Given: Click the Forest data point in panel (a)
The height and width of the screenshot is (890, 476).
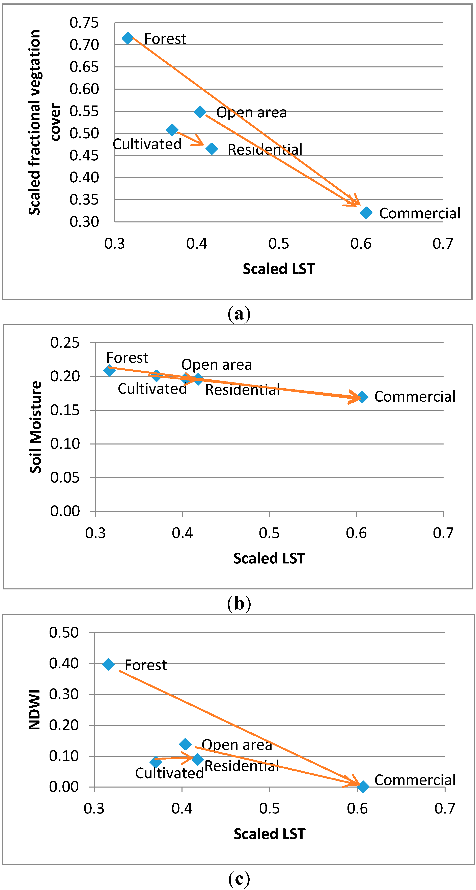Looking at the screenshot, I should [x=128, y=38].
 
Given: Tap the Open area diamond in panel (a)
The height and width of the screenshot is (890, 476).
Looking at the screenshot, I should [x=200, y=112].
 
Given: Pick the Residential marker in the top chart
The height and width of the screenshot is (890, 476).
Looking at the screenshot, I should [x=212, y=149].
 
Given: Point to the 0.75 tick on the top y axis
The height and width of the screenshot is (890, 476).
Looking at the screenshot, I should [x=84, y=23].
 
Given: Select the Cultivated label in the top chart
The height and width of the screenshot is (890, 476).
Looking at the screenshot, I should [x=147, y=144].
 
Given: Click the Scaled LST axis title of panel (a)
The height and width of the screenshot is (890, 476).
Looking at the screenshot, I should [x=279, y=269].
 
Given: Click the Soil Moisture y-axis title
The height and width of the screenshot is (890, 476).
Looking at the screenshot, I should [x=36, y=427].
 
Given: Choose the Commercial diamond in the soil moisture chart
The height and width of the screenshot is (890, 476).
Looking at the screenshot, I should [x=362, y=397].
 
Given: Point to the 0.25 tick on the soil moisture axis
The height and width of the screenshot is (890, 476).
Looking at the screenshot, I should [x=65, y=343].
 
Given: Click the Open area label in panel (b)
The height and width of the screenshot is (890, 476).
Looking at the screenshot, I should [x=216, y=365].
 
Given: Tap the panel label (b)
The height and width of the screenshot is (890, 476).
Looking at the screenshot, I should [x=239, y=604].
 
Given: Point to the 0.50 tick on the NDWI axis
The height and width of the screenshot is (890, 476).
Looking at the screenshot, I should [x=64, y=633].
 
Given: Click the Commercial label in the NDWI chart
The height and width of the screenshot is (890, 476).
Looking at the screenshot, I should [x=415, y=780].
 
